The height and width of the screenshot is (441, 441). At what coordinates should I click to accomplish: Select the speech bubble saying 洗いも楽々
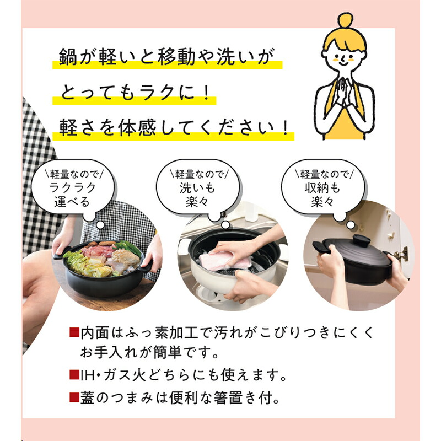[x=198, y=188]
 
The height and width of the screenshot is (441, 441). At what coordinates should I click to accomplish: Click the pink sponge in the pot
[x=219, y=261]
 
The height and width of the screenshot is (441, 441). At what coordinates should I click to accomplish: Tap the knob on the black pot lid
[x=361, y=240]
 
